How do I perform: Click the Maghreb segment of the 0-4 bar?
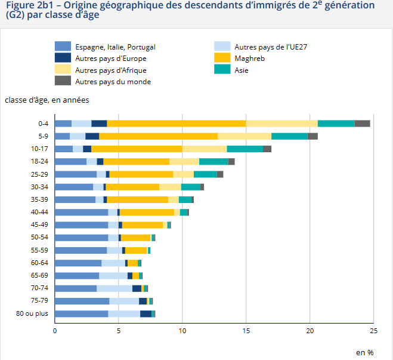(177, 124)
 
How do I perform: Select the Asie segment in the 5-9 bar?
(289, 136)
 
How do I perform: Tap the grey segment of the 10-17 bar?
(267, 149)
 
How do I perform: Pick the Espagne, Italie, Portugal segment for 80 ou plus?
(81, 313)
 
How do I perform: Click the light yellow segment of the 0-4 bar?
(282, 124)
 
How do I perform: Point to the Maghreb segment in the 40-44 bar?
(147, 212)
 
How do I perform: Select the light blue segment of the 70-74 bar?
(115, 288)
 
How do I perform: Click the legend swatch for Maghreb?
(222, 59)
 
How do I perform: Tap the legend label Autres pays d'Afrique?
(111, 70)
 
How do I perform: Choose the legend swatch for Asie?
(222, 70)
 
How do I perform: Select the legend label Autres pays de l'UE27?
(271, 47)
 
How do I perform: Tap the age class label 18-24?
(39, 161)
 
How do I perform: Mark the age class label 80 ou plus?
(32, 313)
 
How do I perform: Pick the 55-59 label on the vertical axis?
(39, 250)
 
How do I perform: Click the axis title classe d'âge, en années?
(47, 100)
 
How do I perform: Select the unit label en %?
(364, 352)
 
